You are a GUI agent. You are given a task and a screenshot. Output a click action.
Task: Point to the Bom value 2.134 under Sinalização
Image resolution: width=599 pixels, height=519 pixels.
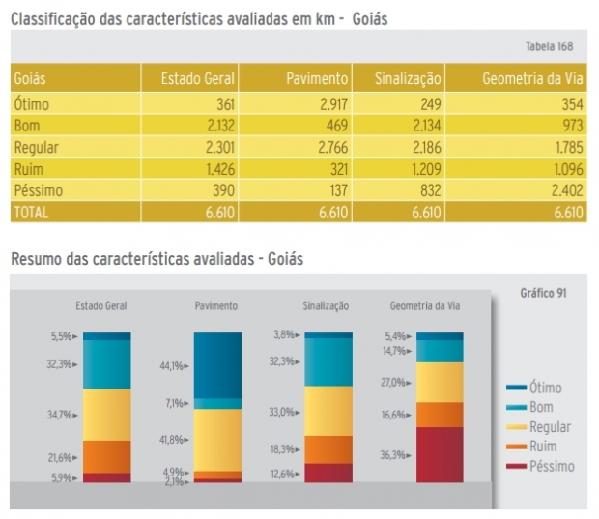pyautogui.click(x=423, y=127)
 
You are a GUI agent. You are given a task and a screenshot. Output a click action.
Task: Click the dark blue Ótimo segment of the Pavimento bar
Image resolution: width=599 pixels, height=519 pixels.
pyautogui.click(x=217, y=364)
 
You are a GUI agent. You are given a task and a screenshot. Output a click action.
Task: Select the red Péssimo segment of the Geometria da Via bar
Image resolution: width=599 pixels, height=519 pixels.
pyautogui.click(x=440, y=453)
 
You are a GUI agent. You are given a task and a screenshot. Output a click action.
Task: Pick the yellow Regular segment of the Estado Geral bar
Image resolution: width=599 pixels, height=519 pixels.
pyautogui.click(x=106, y=414)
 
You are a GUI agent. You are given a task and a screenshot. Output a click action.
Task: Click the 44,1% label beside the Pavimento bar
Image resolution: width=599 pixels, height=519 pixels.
pyautogui.click(x=174, y=367)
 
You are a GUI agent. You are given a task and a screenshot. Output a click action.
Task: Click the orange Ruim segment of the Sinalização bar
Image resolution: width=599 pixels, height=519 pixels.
pyautogui.click(x=328, y=449)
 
